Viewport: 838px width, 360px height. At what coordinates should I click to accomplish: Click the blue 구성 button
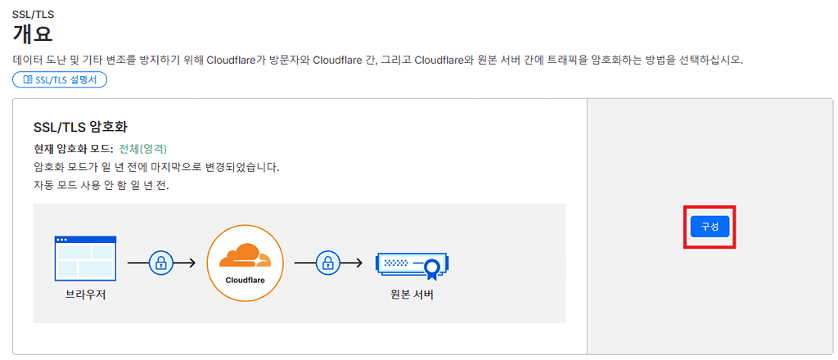pyautogui.click(x=710, y=227)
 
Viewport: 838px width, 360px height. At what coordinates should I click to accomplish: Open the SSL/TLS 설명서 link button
pyautogui.click(x=60, y=79)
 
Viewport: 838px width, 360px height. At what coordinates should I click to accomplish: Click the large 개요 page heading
pyautogui.click(x=33, y=34)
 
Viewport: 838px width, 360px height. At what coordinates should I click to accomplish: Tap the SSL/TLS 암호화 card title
pyautogui.click(x=80, y=128)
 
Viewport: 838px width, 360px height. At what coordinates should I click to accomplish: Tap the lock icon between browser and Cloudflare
pyautogui.click(x=161, y=263)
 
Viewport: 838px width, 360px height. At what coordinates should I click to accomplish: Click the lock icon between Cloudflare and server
pyautogui.click(x=328, y=263)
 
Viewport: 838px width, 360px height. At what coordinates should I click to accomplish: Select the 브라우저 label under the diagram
pyautogui.click(x=85, y=295)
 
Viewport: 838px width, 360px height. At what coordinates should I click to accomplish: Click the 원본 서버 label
pyautogui.click(x=412, y=295)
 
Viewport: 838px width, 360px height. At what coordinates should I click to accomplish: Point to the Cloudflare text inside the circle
pyautogui.click(x=246, y=280)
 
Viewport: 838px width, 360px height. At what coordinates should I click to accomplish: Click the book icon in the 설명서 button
pyautogui.click(x=28, y=79)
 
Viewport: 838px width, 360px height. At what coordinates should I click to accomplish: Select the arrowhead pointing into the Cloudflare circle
pyautogui.click(x=192, y=263)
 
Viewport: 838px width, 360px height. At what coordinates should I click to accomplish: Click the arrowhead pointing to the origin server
pyautogui.click(x=359, y=263)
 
